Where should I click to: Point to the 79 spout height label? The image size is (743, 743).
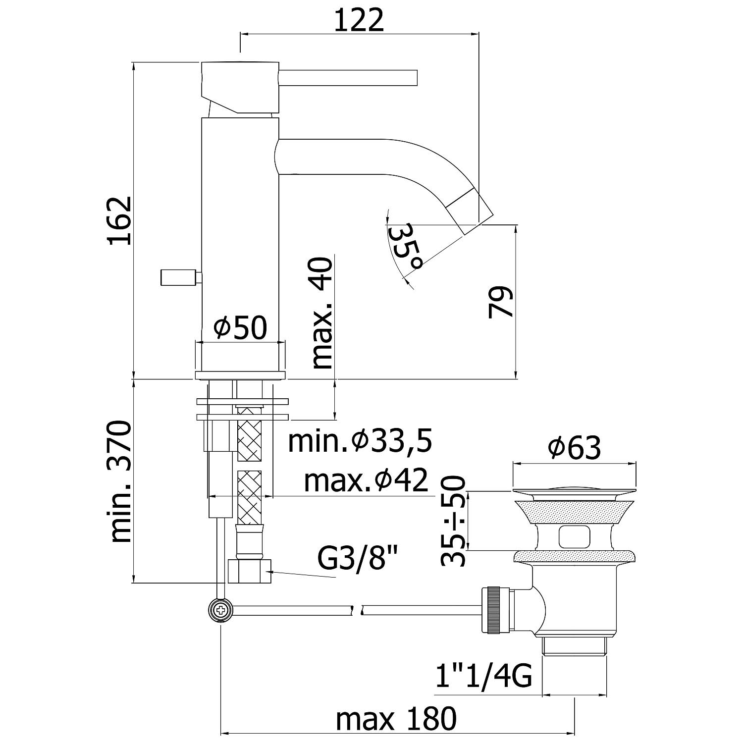click(500, 302)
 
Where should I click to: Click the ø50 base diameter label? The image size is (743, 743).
click(241, 327)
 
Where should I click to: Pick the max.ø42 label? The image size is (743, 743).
click(366, 480)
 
